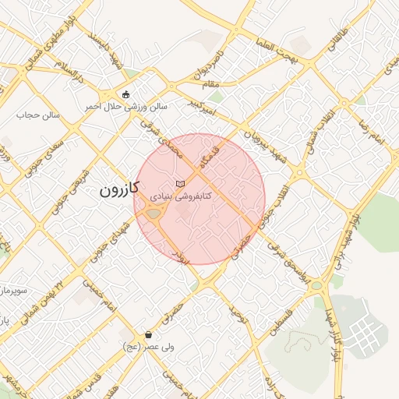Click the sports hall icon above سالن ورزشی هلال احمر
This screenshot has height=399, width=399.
coord(126,94)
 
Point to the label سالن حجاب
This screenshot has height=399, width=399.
coord(34,115)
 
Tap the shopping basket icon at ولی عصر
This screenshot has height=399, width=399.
coord(148,334)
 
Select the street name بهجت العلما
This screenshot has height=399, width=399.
coord(277,46)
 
